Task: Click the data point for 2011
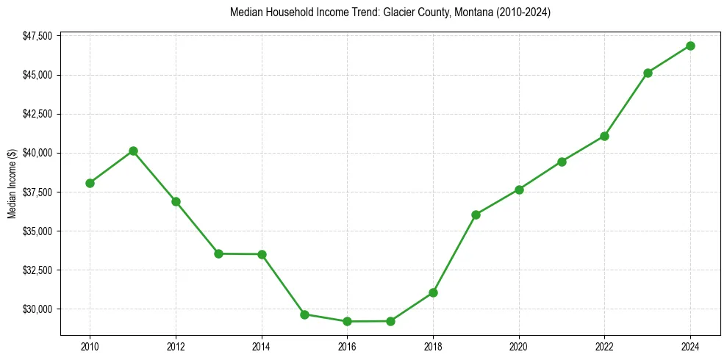[x=133, y=151]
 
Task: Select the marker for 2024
[x=690, y=46]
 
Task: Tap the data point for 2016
[x=347, y=321]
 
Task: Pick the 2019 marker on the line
[x=476, y=215]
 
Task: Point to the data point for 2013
[x=218, y=253]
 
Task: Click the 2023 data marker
[x=648, y=73]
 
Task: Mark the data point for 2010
[x=90, y=183]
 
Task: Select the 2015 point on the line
[x=304, y=314]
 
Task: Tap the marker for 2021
[x=562, y=162]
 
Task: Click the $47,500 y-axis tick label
[x=37, y=36]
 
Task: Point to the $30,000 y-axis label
[x=37, y=309]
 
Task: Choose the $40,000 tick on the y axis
[x=37, y=153]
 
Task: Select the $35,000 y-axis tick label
[x=37, y=231]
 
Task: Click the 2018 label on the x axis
[x=433, y=346]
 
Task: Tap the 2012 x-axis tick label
[x=176, y=346]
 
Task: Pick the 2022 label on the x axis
[x=604, y=346]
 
